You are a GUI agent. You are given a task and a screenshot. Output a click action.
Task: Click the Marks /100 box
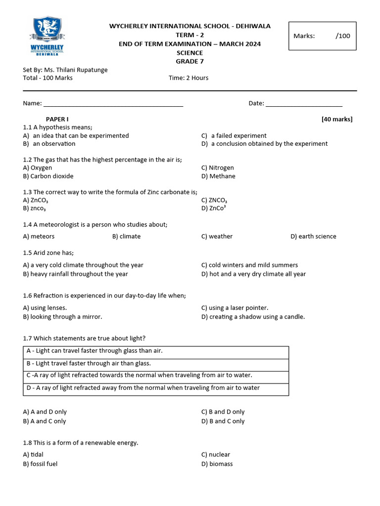click(x=322, y=36)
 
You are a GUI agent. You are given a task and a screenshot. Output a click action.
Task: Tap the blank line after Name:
click(x=113, y=104)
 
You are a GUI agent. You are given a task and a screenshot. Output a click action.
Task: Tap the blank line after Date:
click(x=304, y=104)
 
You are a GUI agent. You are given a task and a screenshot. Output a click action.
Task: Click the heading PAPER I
click(x=57, y=119)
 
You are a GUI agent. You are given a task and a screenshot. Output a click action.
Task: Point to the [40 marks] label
click(x=337, y=119)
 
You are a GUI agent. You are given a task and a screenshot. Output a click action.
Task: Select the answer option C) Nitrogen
click(x=218, y=168)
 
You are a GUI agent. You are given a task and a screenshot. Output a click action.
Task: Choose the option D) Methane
click(x=218, y=176)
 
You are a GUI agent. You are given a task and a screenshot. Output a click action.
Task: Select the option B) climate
click(x=126, y=236)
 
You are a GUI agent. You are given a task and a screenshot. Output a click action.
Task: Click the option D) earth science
click(x=313, y=236)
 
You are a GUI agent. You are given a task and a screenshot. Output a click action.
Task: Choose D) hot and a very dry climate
click(x=253, y=274)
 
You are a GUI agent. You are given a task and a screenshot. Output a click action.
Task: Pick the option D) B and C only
click(x=223, y=421)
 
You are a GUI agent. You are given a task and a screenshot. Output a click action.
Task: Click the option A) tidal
click(x=33, y=454)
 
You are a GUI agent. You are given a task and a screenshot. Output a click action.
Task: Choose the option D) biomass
click(x=217, y=464)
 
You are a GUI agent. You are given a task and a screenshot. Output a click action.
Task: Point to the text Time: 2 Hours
click(x=189, y=78)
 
